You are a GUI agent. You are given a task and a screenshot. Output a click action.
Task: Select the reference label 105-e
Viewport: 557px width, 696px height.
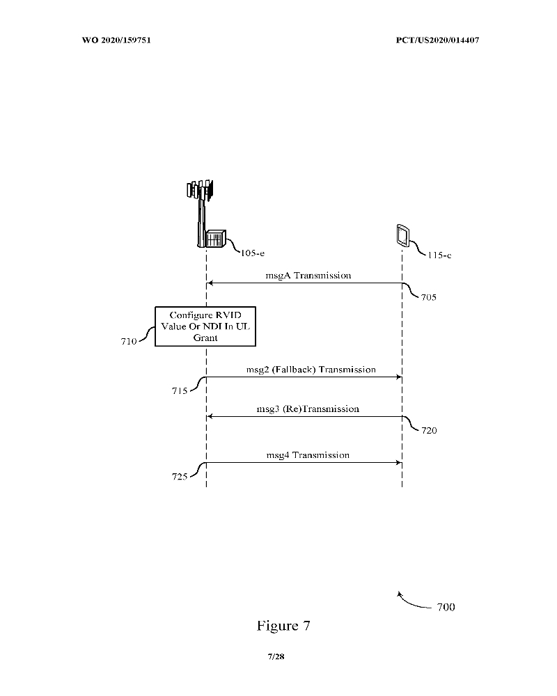[252, 253]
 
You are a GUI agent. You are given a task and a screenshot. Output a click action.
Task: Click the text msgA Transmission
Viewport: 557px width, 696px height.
[308, 276]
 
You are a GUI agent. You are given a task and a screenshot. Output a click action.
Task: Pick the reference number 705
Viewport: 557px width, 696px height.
[430, 296]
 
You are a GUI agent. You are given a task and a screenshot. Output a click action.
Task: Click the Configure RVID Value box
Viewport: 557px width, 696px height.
[204, 326]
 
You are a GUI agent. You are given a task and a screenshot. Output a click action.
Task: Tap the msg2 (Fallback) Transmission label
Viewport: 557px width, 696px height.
[311, 370]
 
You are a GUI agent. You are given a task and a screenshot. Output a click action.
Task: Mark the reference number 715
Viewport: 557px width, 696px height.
[180, 392]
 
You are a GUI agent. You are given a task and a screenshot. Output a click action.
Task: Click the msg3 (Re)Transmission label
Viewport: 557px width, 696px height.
[307, 409]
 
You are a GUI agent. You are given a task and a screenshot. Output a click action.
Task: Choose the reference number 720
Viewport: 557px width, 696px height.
[430, 430]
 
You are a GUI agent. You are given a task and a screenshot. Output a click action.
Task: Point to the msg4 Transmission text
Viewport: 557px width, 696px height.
[307, 455]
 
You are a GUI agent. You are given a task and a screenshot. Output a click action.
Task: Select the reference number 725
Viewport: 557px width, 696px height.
[180, 477]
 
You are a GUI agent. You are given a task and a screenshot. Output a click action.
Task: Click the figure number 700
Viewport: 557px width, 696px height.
[446, 608]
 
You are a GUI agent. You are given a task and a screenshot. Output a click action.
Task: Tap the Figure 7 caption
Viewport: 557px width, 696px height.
[283, 626]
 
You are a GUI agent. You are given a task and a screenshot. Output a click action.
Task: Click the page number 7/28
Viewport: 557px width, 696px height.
[276, 657]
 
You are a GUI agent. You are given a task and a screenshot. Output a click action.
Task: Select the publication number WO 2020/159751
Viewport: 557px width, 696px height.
[117, 40]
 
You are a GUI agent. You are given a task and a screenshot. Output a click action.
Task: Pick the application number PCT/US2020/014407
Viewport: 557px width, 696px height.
[432, 40]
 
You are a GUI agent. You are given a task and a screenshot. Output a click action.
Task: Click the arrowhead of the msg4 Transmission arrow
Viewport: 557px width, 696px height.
[400, 462]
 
